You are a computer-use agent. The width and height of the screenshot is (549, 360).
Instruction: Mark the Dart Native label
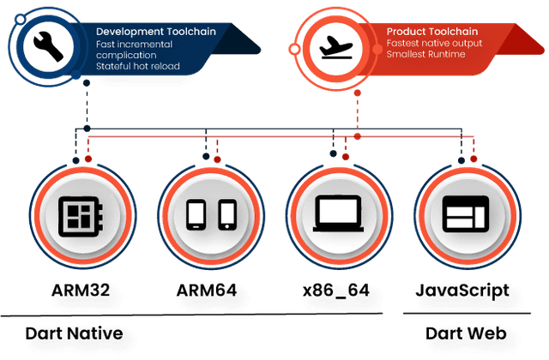(x=80, y=333)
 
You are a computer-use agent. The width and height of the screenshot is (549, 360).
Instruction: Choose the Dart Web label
(x=464, y=333)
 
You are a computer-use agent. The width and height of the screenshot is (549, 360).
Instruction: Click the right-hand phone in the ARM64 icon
(x=226, y=214)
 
